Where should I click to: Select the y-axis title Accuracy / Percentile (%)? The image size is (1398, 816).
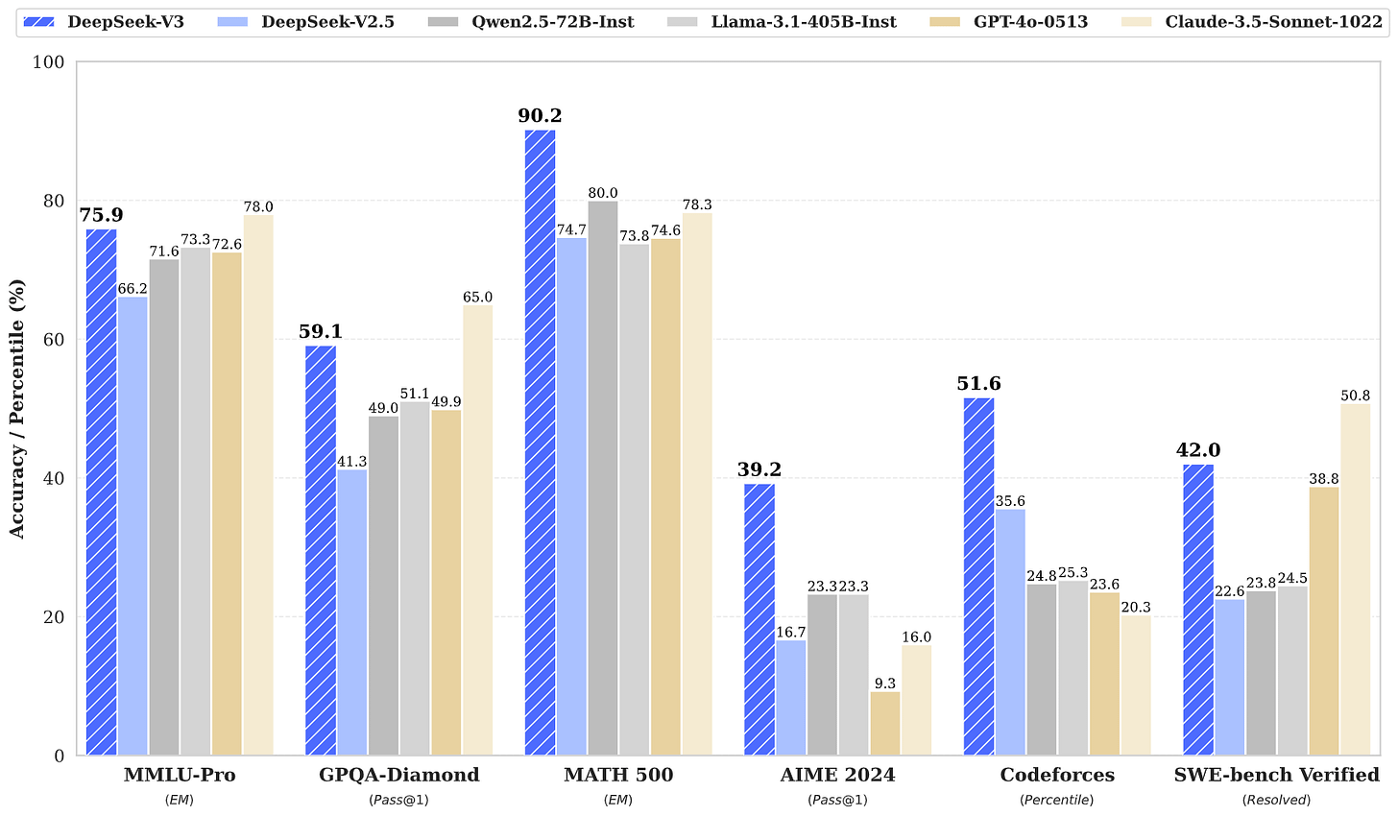(16, 408)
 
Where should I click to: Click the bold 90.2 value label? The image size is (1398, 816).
(540, 116)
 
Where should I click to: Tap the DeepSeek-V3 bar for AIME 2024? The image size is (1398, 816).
(759, 619)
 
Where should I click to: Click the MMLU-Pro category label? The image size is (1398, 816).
(180, 776)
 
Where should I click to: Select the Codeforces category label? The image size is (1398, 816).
(1057, 776)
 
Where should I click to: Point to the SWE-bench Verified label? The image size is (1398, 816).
(1276, 776)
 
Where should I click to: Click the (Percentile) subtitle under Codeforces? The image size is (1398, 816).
(1057, 800)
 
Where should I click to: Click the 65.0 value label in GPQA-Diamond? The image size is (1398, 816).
(477, 298)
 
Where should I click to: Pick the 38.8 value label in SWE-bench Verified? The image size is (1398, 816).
(1323, 478)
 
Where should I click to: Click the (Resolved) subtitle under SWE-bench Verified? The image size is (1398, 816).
(1276, 800)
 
